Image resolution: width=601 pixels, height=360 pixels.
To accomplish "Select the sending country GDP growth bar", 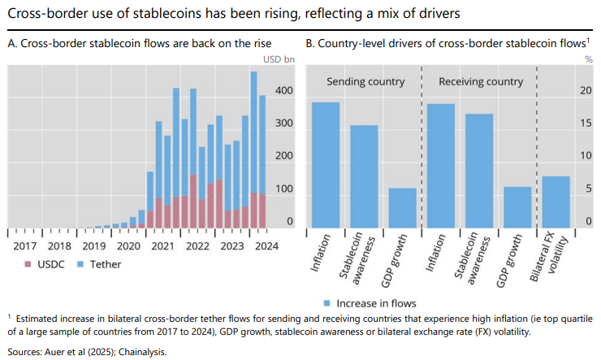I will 403,208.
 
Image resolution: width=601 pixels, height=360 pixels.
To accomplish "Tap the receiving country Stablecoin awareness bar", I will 479,171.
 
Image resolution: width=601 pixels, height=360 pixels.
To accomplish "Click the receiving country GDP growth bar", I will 517,207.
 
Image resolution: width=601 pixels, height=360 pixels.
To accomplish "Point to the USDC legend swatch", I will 28,264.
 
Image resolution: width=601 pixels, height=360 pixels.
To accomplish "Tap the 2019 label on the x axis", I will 94,245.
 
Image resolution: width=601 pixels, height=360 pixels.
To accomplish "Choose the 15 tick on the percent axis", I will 586,123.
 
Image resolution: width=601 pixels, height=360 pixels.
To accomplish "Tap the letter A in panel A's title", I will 11,42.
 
